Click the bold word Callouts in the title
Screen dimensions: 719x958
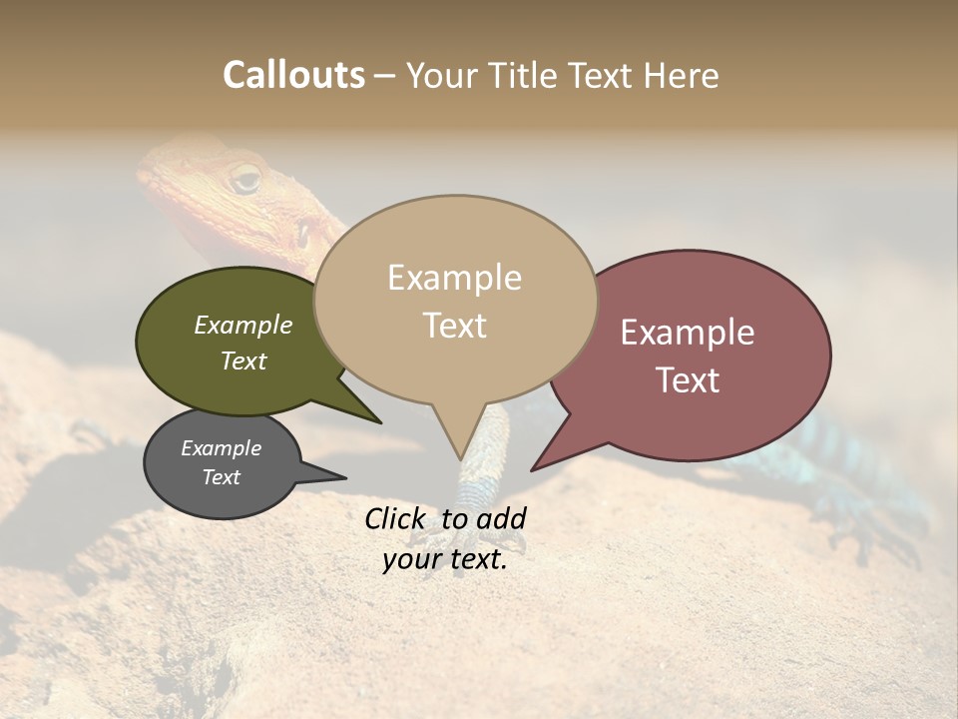pyautogui.click(x=293, y=75)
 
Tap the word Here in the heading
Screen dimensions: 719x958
pyautogui.click(x=681, y=75)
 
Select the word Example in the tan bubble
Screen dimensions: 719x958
pyautogui.click(x=454, y=278)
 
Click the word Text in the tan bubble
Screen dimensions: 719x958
pyautogui.click(x=454, y=326)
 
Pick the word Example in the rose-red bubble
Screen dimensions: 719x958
pyautogui.click(x=688, y=333)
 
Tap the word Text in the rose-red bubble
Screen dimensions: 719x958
pyautogui.click(x=688, y=380)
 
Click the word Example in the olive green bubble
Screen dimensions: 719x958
pyautogui.click(x=242, y=326)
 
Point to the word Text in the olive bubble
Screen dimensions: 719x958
pyautogui.click(x=242, y=361)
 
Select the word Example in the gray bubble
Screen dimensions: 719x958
pyautogui.click(x=221, y=448)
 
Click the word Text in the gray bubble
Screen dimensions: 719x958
pyautogui.click(x=221, y=477)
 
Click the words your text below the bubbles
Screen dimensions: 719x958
pyautogui.click(x=444, y=559)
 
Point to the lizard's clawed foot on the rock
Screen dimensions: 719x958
pyautogui.click(x=878, y=529)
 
